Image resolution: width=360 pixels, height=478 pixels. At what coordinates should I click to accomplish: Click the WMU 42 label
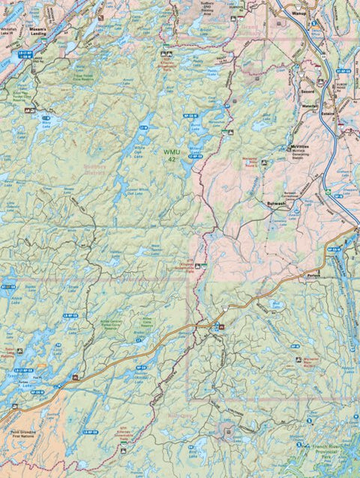point(172,154)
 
